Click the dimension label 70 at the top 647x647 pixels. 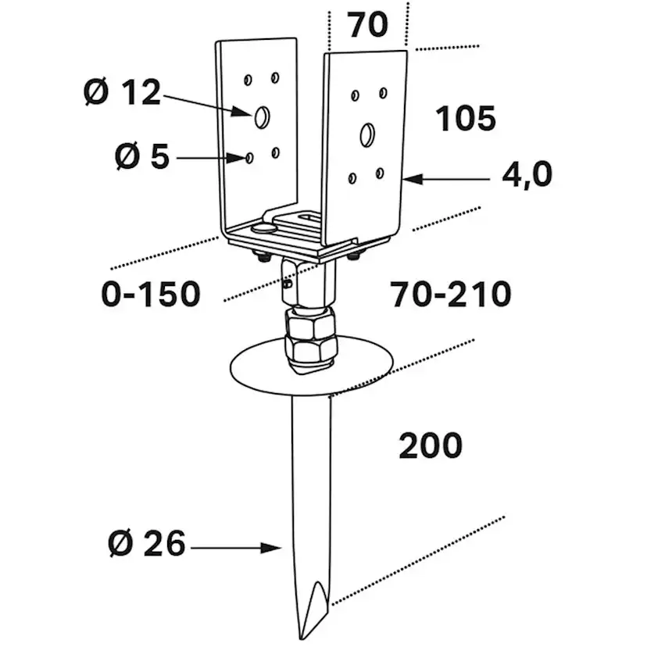367,25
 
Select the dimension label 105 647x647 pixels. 465,119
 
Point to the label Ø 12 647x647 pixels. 121,93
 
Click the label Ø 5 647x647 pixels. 141,157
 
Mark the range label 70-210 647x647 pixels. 451,295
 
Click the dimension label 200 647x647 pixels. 431,445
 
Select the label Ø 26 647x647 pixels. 147,543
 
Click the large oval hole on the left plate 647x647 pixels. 261,116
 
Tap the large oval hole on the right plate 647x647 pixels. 366,134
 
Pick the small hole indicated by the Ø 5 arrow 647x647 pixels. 248,159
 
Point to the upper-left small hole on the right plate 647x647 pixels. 356,95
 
